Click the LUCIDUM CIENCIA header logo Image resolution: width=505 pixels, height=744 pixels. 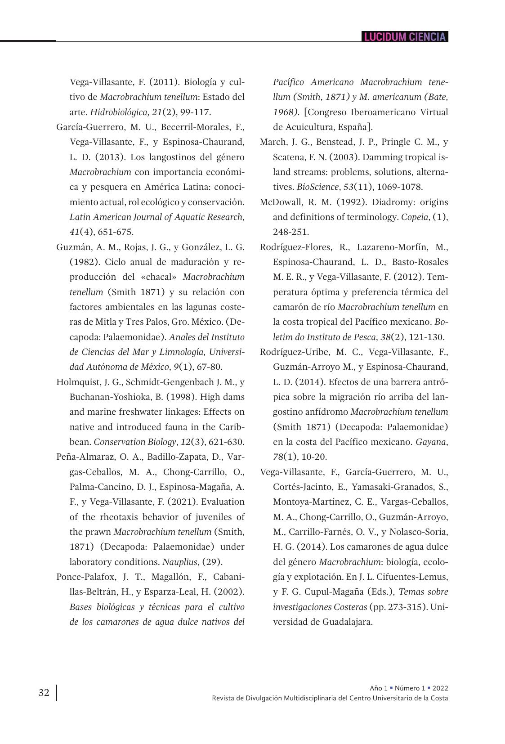click(x=405, y=37)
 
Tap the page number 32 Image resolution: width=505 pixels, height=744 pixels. click(x=44, y=692)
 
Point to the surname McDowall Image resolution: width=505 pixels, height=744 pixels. click(x=280, y=202)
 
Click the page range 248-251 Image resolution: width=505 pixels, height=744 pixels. click(x=290, y=232)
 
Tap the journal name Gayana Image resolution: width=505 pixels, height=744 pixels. click(x=430, y=442)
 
